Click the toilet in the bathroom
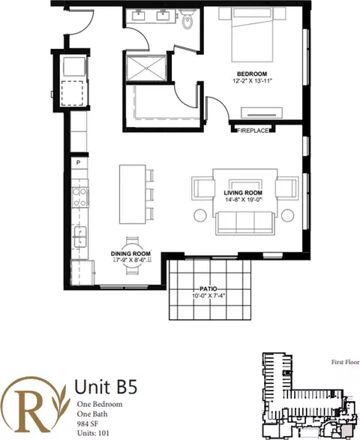[187, 19]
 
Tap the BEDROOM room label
[252, 74]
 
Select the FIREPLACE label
[253, 131]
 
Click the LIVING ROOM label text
[243, 193]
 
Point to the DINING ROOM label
[130, 254]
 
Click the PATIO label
[208, 289]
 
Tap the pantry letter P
[79, 163]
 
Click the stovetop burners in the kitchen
[80, 197]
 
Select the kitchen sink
[80, 237]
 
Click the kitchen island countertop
[133, 194]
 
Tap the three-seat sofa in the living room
[245, 223]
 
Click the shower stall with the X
[146, 68]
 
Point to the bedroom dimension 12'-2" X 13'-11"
[252, 81]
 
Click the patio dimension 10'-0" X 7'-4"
[208, 296]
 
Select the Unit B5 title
[106, 387]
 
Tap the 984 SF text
[88, 423]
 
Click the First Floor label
[346, 362]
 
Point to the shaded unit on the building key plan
[346, 430]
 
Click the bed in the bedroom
[252, 35]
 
